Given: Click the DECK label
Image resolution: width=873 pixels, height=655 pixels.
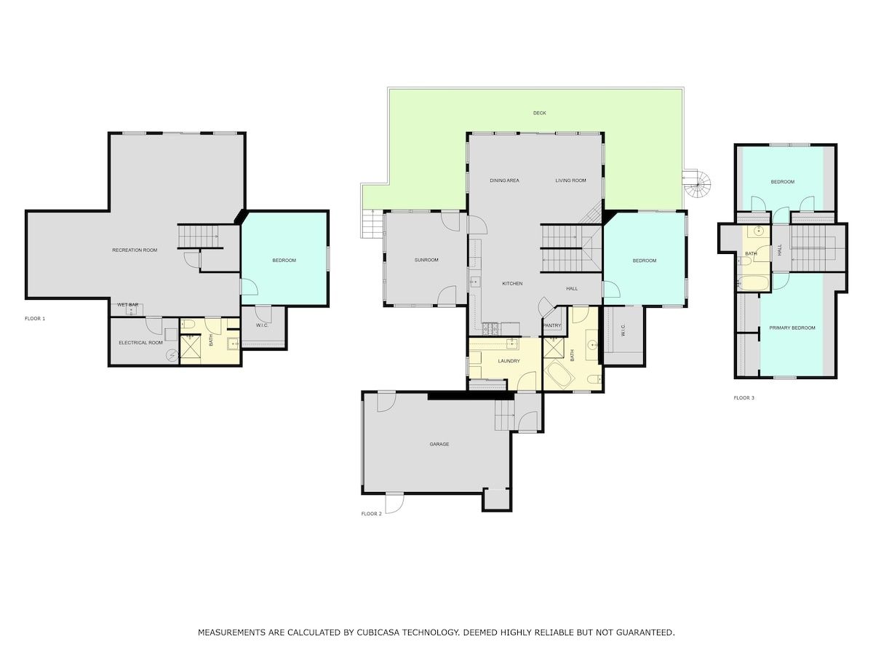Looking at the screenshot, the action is coord(539,113).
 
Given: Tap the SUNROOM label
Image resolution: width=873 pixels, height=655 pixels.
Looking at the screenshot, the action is coord(426,260).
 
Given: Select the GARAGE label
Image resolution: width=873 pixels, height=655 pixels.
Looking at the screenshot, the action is coord(439,444).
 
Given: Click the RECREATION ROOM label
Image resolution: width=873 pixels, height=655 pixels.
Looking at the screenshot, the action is coord(135,250).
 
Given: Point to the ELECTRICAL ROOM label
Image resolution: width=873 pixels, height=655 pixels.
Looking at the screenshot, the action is coord(141,342).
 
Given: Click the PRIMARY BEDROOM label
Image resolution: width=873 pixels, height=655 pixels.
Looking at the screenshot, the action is coord(792,327).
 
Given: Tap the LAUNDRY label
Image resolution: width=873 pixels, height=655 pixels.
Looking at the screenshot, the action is coord(509,361).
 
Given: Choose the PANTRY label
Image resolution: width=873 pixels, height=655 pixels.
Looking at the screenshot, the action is coord(552,325).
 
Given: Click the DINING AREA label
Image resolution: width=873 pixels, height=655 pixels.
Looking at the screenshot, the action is coord(504,180).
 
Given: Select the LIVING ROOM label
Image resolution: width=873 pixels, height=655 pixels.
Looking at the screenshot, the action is coord(571,180).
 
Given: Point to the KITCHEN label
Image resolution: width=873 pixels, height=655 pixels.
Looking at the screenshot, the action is coord(512,283).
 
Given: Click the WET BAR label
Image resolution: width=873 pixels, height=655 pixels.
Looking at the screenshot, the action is coord(127,305).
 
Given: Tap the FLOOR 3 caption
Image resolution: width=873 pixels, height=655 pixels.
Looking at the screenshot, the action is coord(744,397).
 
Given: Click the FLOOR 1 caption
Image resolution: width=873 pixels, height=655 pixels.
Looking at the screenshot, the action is coord(35,319).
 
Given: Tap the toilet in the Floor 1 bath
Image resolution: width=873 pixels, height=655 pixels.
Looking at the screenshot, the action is coord(187,324).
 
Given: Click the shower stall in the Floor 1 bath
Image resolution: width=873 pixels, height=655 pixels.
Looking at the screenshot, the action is coord(190,349).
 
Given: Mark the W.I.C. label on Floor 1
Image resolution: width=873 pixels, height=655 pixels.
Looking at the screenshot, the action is coord(262,325).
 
